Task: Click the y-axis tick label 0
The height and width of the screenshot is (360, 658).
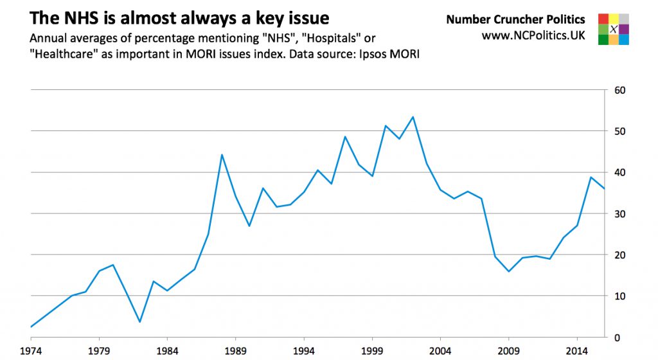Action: click(x=616, y=337)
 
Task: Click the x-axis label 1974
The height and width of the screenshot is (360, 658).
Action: click(x=31, y=351)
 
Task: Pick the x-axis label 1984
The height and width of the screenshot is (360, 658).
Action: click(x=167, y=351)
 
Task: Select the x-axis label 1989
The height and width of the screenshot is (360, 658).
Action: click(x=235, y=351)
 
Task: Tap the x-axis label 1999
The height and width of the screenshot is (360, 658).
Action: click(x=372, y=351)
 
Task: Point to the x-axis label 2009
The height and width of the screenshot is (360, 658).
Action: click(x=508, y=351)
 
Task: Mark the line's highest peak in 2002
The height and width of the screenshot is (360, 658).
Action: click(x=413, y=117)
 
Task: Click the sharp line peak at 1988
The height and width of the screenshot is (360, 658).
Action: click(x=222, y=155)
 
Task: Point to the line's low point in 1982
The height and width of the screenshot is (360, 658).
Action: click(x=139, y=321)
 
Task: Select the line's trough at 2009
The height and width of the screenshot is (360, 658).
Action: click(x=508, y=271)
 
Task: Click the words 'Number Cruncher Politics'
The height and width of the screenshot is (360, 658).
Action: click(x=515, y=20)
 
